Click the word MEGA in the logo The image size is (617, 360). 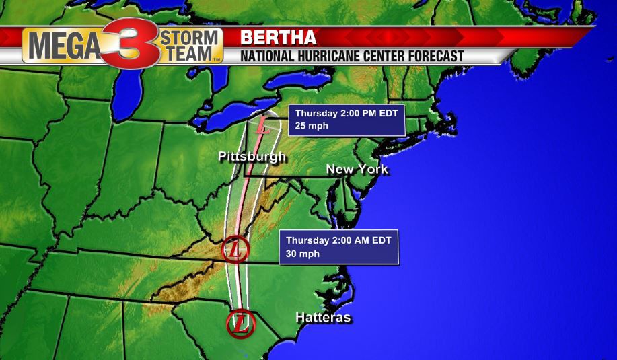(63, 46)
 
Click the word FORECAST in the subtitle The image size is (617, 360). (431, 57)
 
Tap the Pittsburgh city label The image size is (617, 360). (252, 157)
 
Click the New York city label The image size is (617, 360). (357, 169)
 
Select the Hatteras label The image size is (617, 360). (323, 317)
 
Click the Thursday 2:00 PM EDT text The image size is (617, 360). (347, 113)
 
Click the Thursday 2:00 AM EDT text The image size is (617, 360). (338, 240)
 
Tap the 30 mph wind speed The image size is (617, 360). (302, 253)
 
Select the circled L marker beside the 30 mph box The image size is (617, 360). (235, 250)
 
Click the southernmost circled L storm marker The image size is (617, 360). (241, 323)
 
